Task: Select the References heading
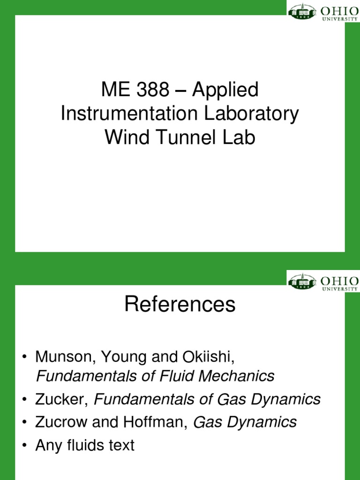180,305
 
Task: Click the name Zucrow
60,422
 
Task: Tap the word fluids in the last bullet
86,445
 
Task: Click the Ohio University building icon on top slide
302,11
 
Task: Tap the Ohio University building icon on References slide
302,282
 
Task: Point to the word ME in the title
112,90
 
